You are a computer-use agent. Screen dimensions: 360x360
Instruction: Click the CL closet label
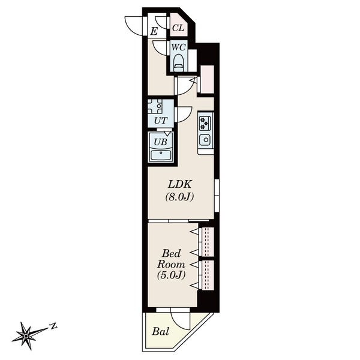[178, 28]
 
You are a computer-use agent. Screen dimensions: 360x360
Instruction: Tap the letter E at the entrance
[154, 31]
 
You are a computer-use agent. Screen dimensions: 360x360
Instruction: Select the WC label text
[179, 47]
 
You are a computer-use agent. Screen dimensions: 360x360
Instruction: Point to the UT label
[161, 121]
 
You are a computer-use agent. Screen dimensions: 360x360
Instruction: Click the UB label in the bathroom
[160, 142]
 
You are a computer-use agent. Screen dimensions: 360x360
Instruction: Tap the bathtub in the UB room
[160, 155]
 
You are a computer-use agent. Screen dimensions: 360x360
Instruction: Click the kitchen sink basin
[205, 140]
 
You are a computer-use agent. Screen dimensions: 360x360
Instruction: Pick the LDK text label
[180, 184]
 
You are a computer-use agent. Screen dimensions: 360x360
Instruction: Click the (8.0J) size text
[179, 197]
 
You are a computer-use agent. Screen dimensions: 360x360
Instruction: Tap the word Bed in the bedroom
[171, 253]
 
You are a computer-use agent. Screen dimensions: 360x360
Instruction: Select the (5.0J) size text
[171, 275]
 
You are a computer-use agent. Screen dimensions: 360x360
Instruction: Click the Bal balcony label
[161, 331]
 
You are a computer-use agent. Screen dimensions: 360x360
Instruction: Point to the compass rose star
[26, 336]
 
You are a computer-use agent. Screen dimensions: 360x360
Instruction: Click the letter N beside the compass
[53, 326]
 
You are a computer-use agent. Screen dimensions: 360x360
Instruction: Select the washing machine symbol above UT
[155, 106]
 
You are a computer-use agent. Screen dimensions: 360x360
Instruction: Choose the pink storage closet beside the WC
[208, 79]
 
